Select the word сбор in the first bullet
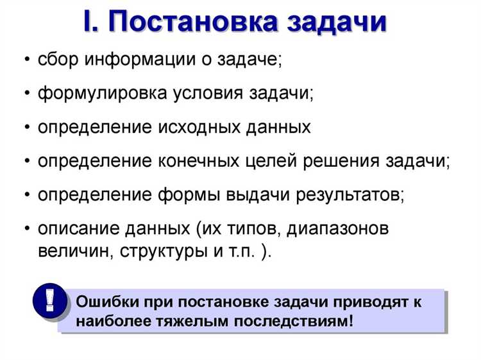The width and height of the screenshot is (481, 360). (x=60, y=60)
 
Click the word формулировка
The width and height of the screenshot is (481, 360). (x=102, y=94)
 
